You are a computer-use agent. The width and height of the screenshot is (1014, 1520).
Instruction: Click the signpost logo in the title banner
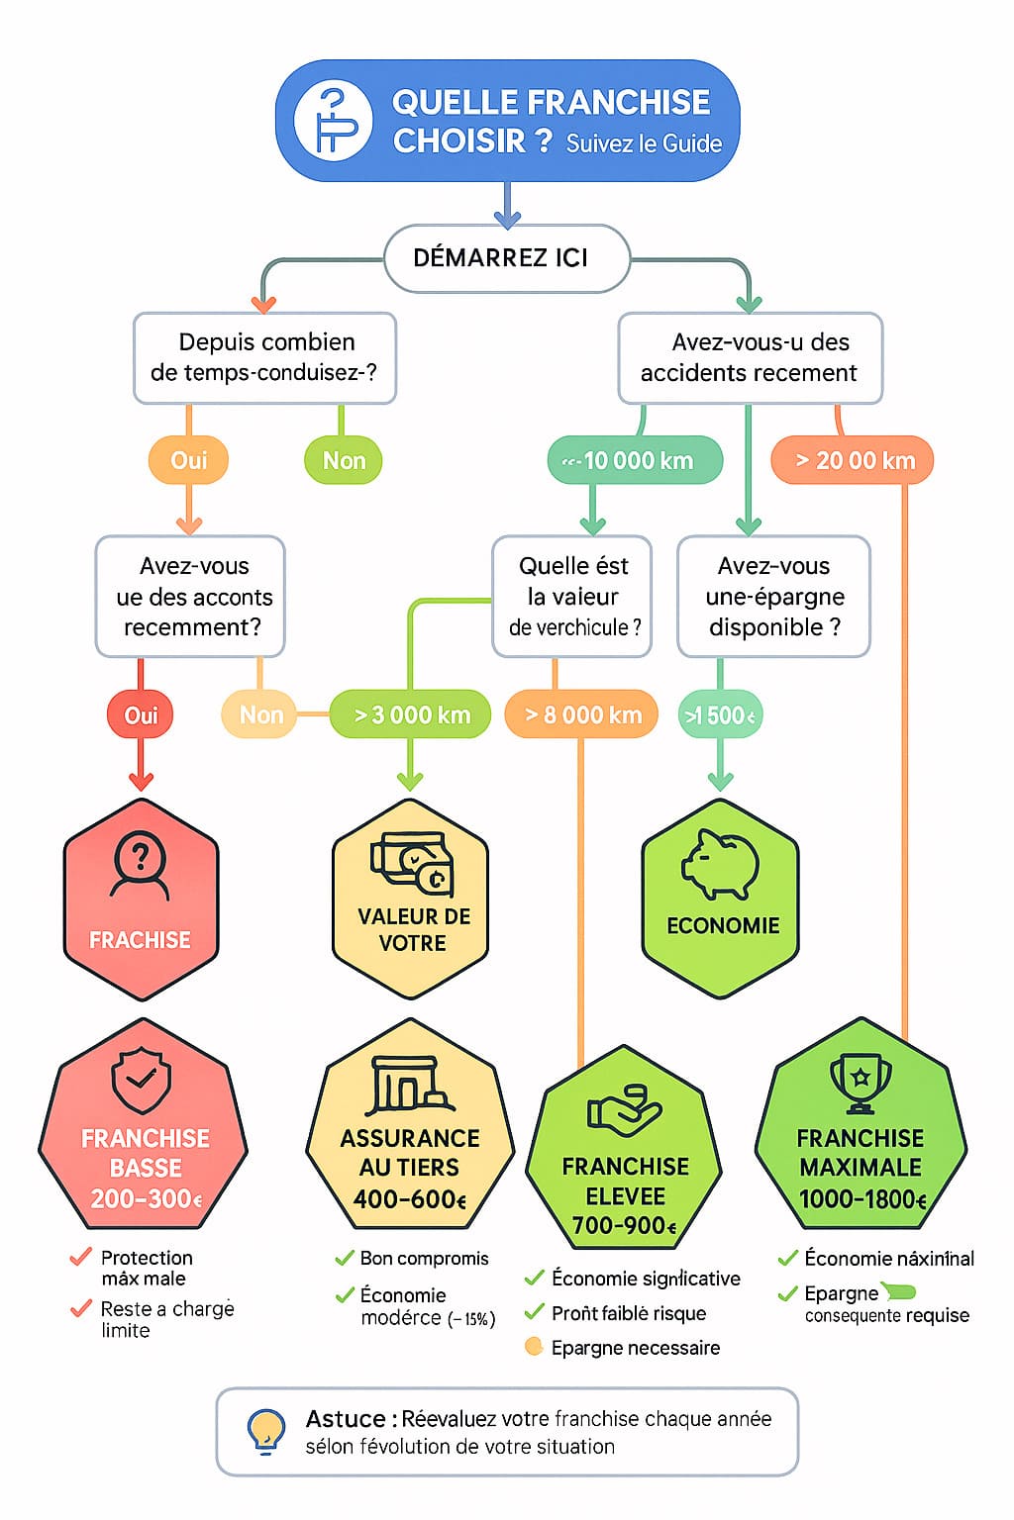tap(333, 121)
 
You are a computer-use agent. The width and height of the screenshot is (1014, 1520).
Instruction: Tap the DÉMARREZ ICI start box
tap(506, 258)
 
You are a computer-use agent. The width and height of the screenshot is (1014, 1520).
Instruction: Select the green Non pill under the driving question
tap(344, 460)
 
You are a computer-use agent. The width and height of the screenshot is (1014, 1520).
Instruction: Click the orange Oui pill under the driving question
tap(188, 460)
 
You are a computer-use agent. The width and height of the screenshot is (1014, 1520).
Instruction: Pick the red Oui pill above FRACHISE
tap(141, 714)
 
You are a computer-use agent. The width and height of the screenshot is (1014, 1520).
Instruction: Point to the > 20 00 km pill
tap(853, 460)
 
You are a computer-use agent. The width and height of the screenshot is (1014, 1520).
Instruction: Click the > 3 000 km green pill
tap(411, 714)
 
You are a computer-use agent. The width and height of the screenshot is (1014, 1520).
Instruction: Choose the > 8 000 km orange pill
tap(582, 714)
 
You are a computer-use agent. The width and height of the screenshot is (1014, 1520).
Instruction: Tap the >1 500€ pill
tap(720, 714)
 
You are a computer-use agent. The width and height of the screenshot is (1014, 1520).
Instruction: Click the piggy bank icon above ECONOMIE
tap(720, 863)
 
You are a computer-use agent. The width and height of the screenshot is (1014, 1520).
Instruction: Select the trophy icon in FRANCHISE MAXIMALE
tap(860, 1083)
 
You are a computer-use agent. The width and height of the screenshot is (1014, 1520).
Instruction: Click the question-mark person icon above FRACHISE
tap(141, 864)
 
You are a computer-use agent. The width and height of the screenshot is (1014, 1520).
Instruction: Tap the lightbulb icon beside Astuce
tap(265, 1431)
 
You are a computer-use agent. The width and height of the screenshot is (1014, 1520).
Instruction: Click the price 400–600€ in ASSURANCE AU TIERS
tap(409, 1199)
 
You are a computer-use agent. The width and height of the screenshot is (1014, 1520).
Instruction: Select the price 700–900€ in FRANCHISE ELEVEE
tap(625, 1226)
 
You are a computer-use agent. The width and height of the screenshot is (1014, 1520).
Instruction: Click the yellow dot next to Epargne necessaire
tap(534, 1347)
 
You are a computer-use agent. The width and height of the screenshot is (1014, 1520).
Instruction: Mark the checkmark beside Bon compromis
tap(345, 1259)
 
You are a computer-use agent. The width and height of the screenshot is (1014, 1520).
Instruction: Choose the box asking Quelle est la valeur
tap(572, 596)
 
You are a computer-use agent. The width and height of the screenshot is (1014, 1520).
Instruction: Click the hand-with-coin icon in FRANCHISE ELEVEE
tap(624, 1109)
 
